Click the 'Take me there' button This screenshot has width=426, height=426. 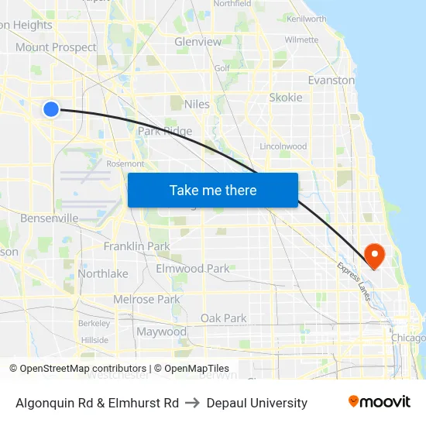click(213, 190)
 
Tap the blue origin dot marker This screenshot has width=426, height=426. click(51, 109)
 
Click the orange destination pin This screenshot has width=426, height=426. click(374, 255)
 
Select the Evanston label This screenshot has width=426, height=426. click(331, 80)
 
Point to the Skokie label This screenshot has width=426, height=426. click(286, 98)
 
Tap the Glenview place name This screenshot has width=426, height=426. click(198, 42)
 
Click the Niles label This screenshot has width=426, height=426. click(198, 104)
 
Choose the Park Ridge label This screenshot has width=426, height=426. click(165, 132)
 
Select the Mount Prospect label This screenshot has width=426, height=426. click(57, 47)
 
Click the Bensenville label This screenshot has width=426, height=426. click(49, 218)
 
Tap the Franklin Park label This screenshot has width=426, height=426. click(136, 246)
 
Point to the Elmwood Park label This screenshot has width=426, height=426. click(193, 269)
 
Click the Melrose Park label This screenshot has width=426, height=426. click(146, 300)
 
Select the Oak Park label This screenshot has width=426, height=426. click(223, 318)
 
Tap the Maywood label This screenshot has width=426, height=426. click(161, 332)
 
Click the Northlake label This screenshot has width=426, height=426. click(103, 273)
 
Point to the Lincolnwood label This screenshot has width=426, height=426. click(283, 146)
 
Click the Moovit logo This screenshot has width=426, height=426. click(379, 401)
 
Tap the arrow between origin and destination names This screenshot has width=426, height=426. click(193, 403)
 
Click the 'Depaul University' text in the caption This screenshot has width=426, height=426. click(257, 403)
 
